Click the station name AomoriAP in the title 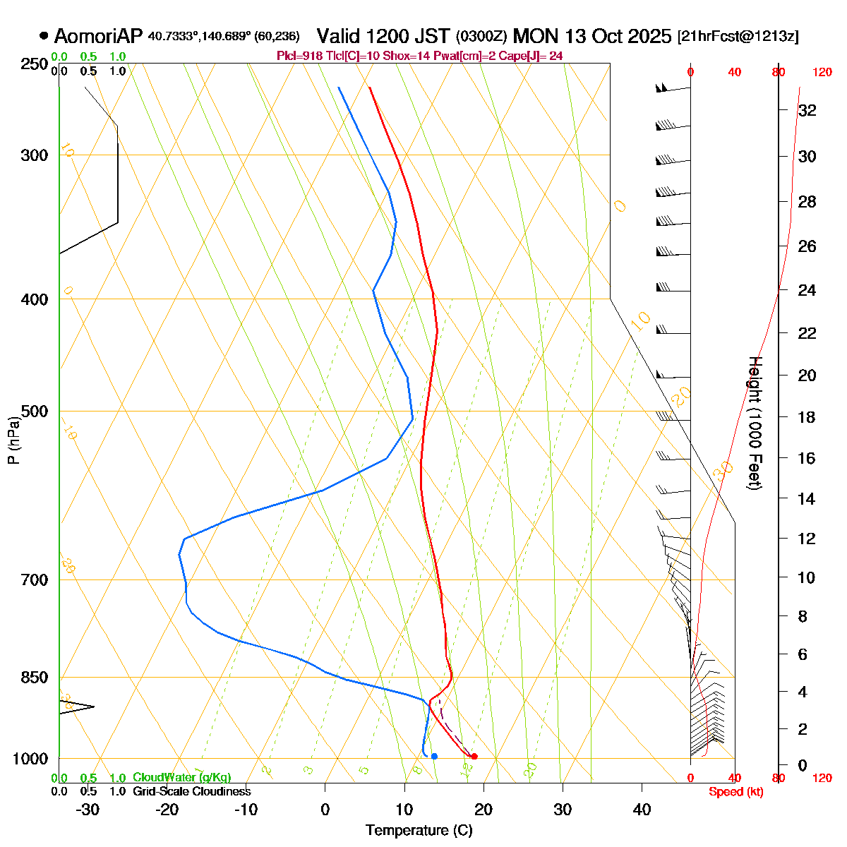coord(98,36)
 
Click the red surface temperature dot coord(474,757)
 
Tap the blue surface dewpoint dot coord(434,757)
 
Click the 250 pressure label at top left coord(33,64)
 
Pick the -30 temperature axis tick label coord(87,810)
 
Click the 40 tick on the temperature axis coord(642,810)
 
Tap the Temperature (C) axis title coord(419,830)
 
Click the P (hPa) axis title coord(13,439)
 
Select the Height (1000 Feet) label coord(754,423)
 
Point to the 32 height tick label coord(807,111)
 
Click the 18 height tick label coord(807,417)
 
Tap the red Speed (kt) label coord(735,792)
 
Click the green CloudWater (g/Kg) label coord(181,777)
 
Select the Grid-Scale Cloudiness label coord(191,791)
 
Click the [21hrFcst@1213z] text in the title coord(738,37)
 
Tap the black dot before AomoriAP coord(44,36)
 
